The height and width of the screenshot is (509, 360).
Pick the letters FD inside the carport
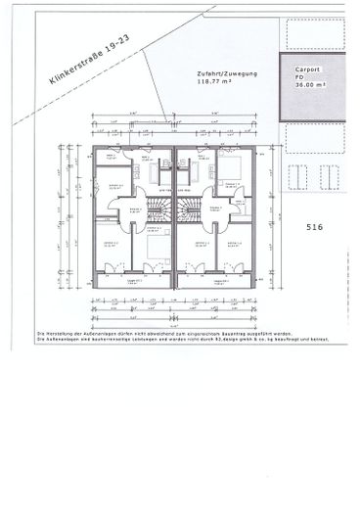point(300,78)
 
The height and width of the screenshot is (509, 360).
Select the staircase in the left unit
point(154,209)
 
